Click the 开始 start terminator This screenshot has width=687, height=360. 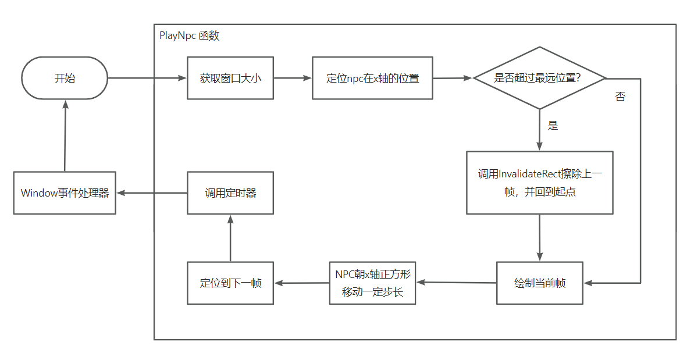coord(65,78)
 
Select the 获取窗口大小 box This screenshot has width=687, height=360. coord(230,78)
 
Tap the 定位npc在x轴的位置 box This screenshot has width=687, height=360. coord(372,78)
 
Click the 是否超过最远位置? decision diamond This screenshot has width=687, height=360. coord(539,78)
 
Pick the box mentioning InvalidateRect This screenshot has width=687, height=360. coord(539,183)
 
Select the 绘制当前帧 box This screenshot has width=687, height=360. coord(539,283)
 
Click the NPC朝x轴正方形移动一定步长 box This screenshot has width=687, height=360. coord(372,283)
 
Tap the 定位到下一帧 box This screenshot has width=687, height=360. coord(230,283)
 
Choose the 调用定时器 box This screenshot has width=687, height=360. coord(230,193)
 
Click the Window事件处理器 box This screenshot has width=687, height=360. coord(65,193)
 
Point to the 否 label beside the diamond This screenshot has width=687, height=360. coord(620,97)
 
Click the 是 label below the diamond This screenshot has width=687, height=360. coord(553,126)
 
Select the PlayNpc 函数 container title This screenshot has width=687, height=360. coord(189,35)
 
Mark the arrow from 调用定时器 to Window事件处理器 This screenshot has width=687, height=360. coord(151,193)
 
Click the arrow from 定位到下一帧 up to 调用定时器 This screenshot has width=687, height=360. coord(230,238)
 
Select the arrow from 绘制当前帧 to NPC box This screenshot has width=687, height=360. coord(456,283)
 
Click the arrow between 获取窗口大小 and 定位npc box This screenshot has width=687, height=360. coord(293,78)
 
